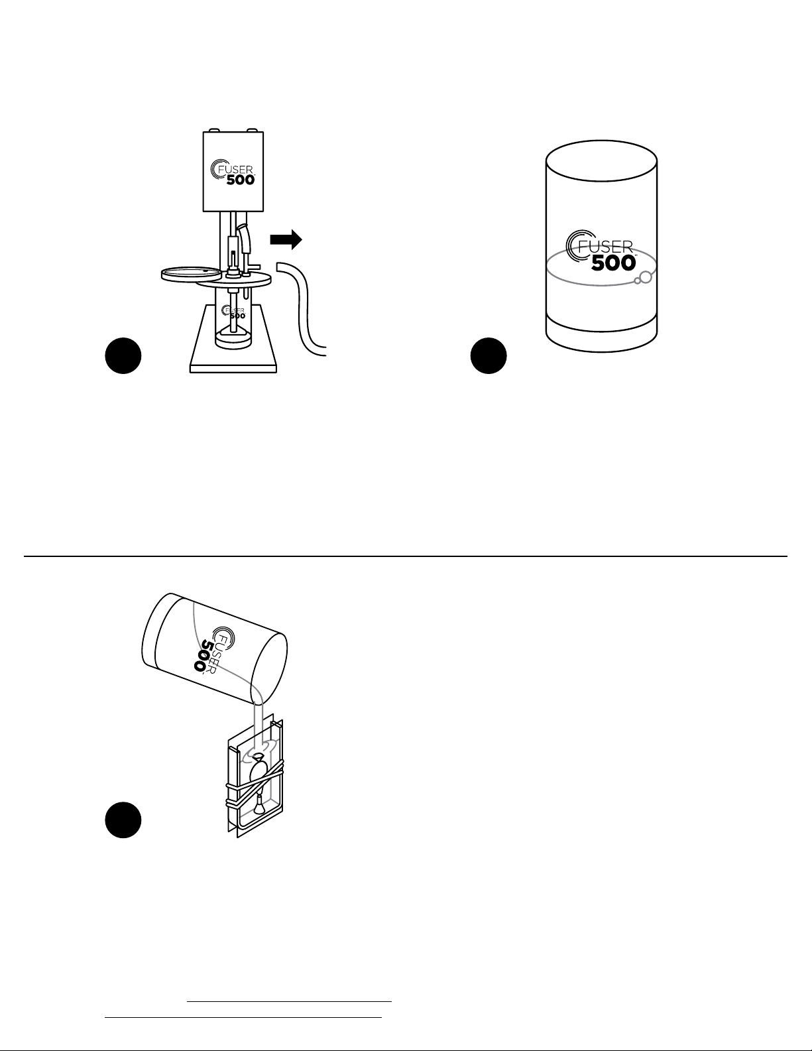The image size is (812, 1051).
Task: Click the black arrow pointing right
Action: coord(286,239)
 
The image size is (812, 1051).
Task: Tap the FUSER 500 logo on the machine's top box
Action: coord(233,172)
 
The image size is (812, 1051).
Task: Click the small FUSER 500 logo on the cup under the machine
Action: coord(233,312)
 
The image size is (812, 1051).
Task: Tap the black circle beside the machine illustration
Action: coord(123,355)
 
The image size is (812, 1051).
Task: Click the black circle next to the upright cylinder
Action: coord(489,355)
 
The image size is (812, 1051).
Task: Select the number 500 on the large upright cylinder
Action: coord(614,263)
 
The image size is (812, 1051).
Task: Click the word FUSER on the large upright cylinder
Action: coord(605,246)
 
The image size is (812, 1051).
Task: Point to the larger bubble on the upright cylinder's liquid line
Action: coord(645,277)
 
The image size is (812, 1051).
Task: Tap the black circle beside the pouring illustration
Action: coord(123,820)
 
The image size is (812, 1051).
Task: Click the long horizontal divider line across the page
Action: coord(406,556)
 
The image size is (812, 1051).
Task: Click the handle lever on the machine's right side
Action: coord(245,239)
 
